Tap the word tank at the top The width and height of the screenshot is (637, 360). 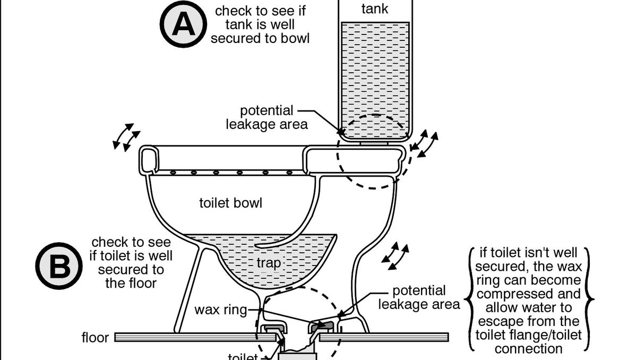375,8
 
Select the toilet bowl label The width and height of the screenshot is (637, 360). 230,203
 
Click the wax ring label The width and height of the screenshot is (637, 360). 221,310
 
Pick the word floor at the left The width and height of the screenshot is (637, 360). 96,337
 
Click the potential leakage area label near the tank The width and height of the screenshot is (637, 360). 266,117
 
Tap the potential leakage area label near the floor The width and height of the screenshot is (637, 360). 418,297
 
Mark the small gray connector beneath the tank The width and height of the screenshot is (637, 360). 375,143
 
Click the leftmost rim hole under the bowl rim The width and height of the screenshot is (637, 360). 173,173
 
